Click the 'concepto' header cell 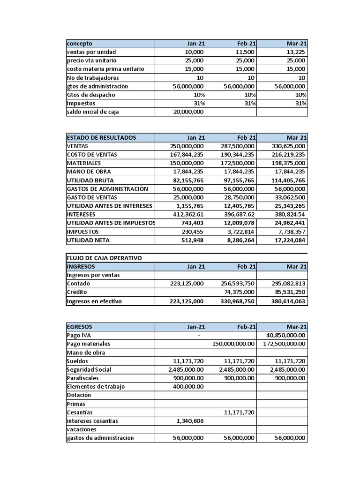[80, 44]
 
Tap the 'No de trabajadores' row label [93, 78]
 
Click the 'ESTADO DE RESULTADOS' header [102, 137]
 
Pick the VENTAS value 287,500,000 [237, 146]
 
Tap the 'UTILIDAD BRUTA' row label [90, 180]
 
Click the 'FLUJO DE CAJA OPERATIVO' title [105, 258]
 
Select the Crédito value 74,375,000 [237, 292]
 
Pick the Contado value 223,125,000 [186, 284]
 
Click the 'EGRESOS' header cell [80, 327]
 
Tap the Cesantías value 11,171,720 [239, 412]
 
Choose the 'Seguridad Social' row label [89, 369]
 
